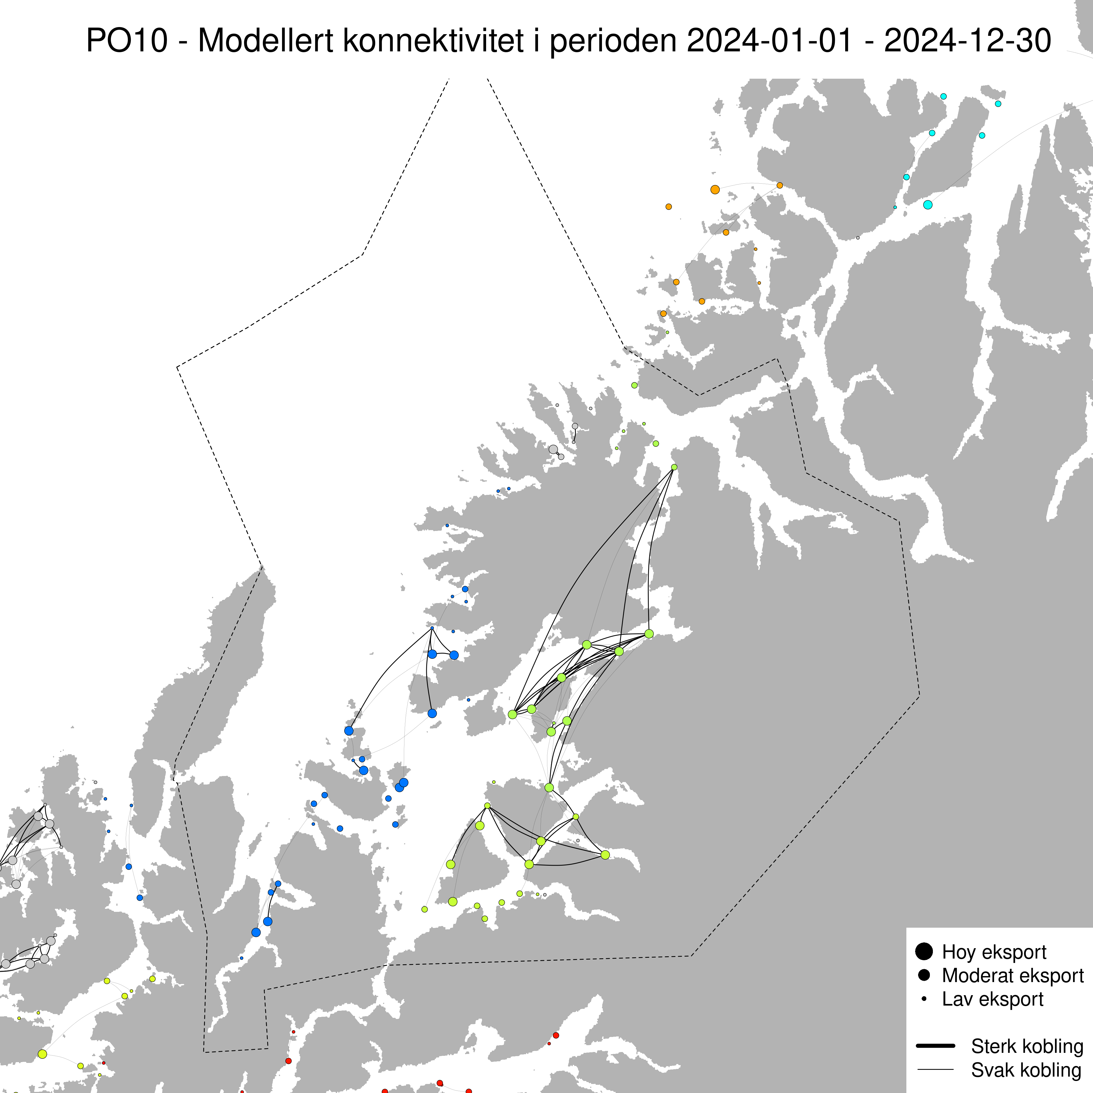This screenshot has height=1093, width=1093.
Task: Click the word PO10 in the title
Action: pyautogui.click(x=127, y=41)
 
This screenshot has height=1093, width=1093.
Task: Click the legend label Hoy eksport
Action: pyautogui.click(x=994, y=952)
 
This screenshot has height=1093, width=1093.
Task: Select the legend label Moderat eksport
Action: pyautogui.click(x=1013, y=975)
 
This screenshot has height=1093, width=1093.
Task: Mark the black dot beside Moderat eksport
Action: pyautogui.click(x=924, y=975)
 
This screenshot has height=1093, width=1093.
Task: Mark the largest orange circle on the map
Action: pyautogui.click(x=715, y=190)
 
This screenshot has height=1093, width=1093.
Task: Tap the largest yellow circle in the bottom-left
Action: pyautogui.click(x=42, y=1053)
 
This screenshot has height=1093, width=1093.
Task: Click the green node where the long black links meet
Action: pyautogui.click(x=674, y=467)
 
